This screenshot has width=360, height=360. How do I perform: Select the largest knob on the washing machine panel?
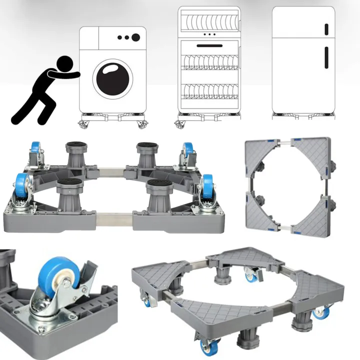click(x=135, y=37)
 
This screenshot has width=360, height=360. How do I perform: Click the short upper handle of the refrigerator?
click(x=326, y=29)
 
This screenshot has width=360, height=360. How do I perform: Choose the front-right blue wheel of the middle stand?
click(x=207, y=187)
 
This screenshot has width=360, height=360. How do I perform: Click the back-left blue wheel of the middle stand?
click(x=34, y=150)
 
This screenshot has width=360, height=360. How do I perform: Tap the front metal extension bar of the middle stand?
click(x=114, y=219)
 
